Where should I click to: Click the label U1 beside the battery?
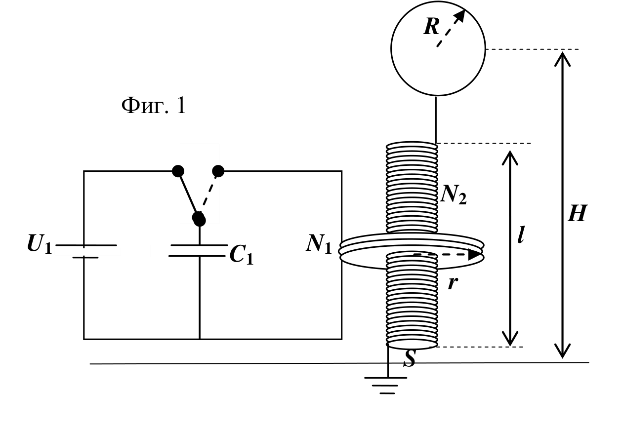point(40,244)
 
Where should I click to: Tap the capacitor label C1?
point(242,254)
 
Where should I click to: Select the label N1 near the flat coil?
point(319,244)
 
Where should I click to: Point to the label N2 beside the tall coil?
point(454,195)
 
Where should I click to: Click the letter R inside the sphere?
point(431,26)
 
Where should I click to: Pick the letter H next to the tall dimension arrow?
point(578,213)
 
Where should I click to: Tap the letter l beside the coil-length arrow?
point(521,234)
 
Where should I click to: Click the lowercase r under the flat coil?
point(453,283)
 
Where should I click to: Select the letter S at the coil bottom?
point(410,358)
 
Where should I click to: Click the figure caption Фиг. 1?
point(154,105)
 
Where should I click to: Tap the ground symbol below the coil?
point(386,386)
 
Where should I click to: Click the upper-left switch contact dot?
point(178,171)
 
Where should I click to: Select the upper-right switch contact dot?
point(218,171)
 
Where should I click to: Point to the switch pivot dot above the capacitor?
point(199,220)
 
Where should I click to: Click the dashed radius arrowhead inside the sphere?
point(460,16)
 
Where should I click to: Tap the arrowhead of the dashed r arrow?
point(476,254)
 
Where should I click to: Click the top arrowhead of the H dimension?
point(562,59)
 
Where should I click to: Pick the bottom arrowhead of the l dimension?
point(510,339)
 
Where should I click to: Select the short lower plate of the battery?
point(85,258)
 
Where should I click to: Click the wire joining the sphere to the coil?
point(436,119)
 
